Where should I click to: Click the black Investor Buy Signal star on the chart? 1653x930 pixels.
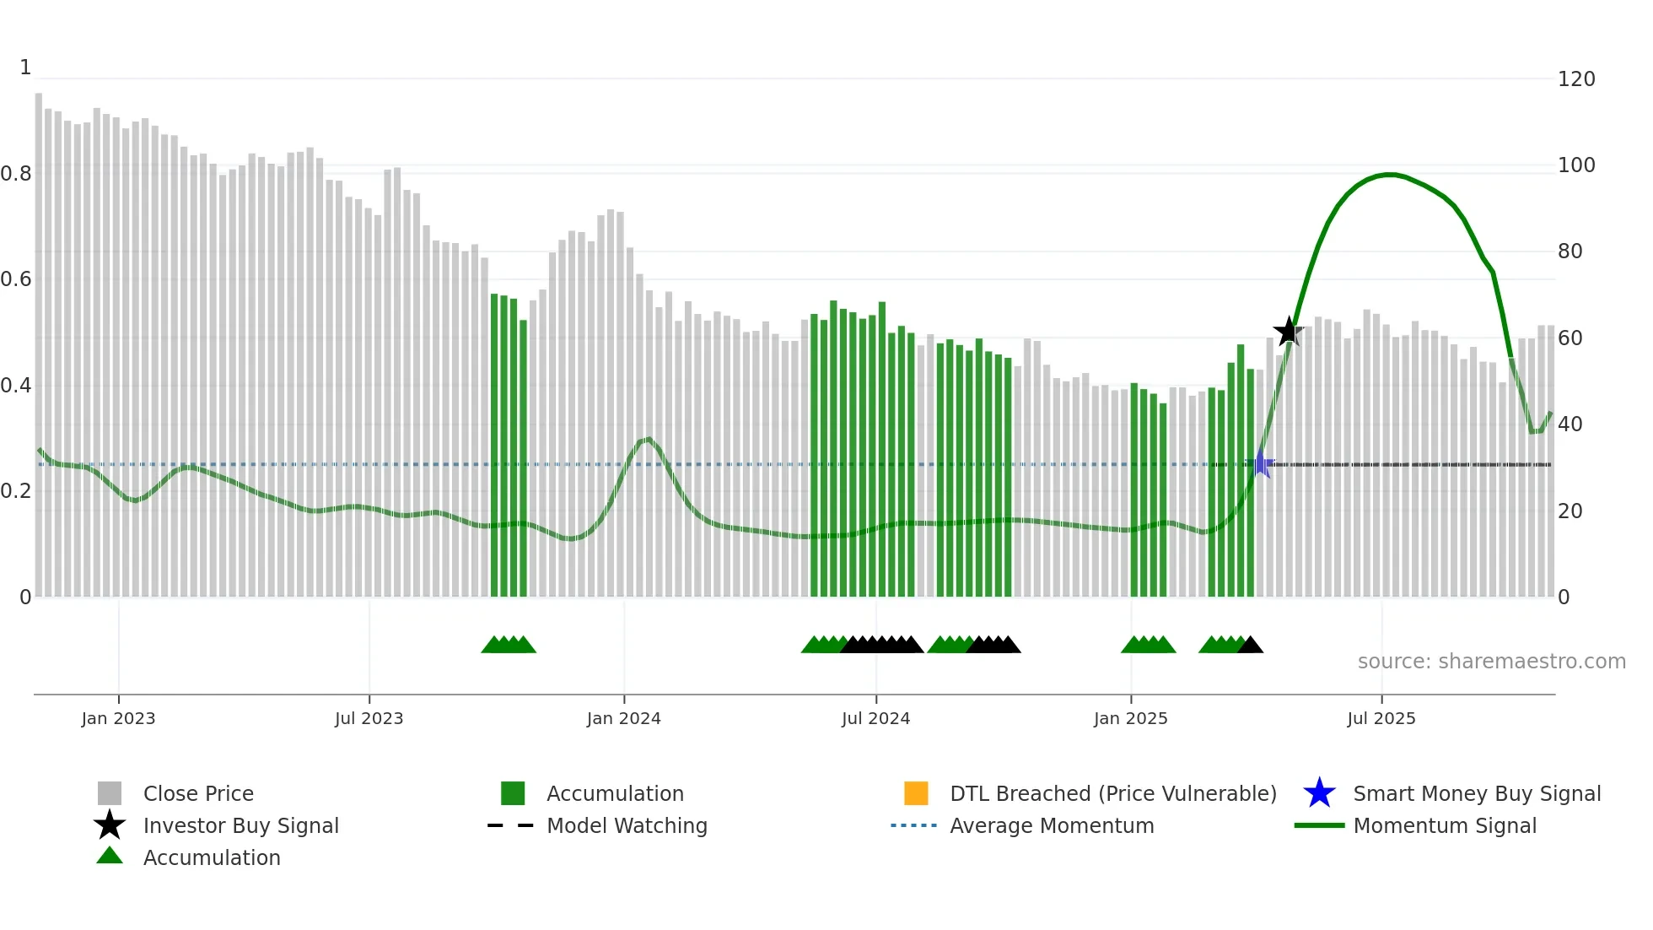click(1288, 332)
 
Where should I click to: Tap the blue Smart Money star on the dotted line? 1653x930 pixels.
click(1260, 463)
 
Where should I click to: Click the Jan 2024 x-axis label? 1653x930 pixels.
click(623, 718)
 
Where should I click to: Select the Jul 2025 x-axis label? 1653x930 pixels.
click(1381, 718)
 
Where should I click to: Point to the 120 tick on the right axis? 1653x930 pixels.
click(1575, 79)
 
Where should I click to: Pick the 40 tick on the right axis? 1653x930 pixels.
click(1570, 424)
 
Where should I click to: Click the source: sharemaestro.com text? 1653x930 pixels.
click(1491, 662)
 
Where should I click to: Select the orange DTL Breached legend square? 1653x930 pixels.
click(916, 793)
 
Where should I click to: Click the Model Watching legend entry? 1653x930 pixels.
click(627, 825)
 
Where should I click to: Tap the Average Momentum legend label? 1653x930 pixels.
click(1051, 825)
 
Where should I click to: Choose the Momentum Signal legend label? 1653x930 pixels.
click(1444, 825)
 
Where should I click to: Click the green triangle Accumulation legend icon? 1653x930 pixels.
click(110, 856)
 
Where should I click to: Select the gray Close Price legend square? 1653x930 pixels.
click(110, 793)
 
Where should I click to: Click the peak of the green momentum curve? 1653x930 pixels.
click(1390, 175)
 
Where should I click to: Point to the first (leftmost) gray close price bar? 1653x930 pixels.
click(39, 338)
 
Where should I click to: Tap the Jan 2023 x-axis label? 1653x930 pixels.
click(118, 718)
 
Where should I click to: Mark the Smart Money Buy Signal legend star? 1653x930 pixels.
click(1319, 793)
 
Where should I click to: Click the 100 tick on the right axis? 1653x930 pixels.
click(1575, 165)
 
